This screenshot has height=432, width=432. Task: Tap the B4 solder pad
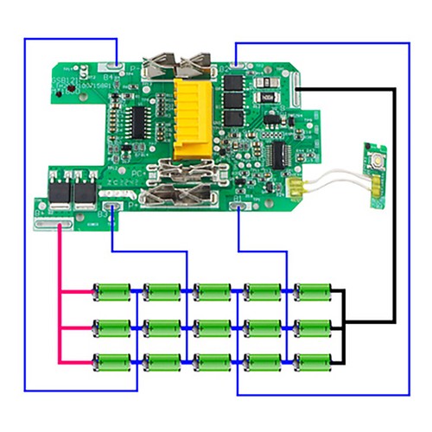coord(112,67)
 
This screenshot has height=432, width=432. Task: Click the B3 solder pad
coord(112,207)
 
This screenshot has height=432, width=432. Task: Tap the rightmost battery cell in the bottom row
coord(311,361)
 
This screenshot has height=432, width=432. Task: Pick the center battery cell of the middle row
coord(212,327)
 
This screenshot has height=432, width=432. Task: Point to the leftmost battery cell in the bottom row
coord(112,361)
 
